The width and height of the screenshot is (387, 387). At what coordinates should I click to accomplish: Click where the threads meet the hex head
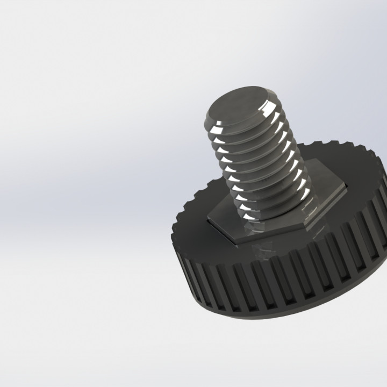[269, 218]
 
